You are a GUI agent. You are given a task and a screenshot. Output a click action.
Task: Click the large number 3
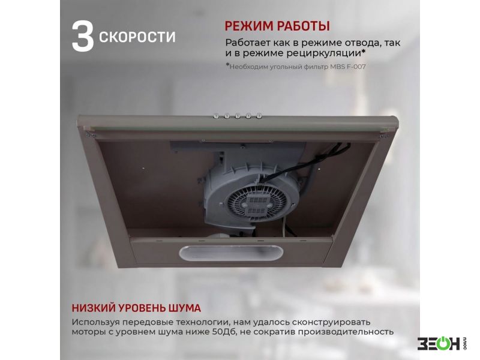pos(83,36)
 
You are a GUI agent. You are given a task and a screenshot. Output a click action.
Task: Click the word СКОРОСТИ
pos(137,37)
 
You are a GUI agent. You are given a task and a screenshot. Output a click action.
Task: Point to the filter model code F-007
pos(356,67)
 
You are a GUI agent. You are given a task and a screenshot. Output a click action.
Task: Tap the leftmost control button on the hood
pos(217,116)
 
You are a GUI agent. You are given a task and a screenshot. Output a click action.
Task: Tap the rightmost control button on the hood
pos(259,116)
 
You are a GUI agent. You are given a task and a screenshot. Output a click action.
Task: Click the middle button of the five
pos(238,116)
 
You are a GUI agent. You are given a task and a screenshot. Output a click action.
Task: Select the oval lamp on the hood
pos(231,253)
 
